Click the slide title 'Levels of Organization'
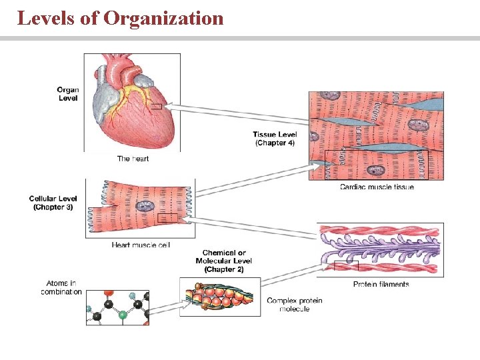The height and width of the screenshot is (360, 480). point(120,18)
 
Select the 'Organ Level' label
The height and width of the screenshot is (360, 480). point(67,93)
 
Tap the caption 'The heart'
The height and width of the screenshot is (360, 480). point(133,159)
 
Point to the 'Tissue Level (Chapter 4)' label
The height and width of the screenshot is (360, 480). point(275,138)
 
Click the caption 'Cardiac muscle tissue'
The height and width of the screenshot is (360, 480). point(377,187)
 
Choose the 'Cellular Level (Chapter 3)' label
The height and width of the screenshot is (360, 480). point(53,203)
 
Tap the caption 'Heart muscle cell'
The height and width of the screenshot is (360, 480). point(141,245)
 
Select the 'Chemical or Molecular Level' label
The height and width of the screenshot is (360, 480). point(224,261)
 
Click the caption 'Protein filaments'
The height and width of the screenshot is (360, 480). point(381,284)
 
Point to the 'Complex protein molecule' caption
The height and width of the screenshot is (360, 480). point(294,305)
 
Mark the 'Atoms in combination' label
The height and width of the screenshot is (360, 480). point(61,287)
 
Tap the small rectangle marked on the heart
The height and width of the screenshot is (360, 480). point(156,106)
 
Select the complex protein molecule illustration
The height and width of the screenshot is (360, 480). point(217,296)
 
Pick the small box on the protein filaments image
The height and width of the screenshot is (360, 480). point(346,266)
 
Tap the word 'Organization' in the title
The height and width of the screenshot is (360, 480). point(163,18)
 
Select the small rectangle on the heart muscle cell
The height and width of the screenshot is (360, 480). point(167,218)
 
